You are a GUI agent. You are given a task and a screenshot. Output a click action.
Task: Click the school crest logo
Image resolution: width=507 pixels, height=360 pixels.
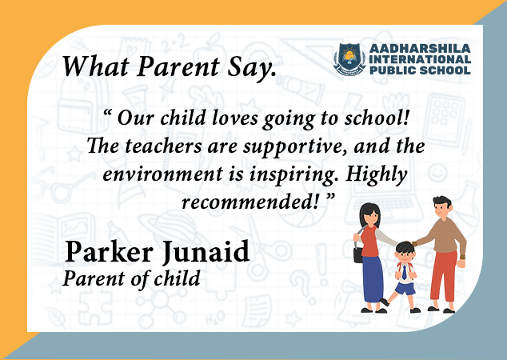point(349,59)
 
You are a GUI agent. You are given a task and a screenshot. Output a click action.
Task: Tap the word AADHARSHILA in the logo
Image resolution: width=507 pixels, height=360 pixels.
point(420,49)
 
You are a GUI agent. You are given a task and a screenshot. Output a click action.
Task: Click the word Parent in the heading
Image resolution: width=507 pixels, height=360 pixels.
point(178,66)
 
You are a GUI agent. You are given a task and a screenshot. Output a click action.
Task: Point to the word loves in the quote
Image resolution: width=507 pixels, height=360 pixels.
point(235,118)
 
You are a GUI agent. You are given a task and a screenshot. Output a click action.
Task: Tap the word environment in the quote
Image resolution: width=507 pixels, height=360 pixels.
point(162,174)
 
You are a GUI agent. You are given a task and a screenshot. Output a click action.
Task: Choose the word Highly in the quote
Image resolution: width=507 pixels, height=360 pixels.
point(376,174)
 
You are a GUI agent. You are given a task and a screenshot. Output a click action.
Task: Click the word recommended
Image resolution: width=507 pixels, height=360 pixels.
point(250,202)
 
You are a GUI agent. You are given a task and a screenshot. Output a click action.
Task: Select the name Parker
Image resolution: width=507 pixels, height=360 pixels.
point(109,252)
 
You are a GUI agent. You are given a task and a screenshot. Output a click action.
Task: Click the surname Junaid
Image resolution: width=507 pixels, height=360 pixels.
point(206,252)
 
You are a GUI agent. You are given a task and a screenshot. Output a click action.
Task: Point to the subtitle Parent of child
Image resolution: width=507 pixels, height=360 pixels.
point(132,278)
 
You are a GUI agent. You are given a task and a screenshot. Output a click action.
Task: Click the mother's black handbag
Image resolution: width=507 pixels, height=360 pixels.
point(358,254)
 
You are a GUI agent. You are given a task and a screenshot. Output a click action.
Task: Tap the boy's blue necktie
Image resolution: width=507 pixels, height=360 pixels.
point(404,272)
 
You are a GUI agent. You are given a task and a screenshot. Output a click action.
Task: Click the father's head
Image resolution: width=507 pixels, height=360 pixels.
point(442,207)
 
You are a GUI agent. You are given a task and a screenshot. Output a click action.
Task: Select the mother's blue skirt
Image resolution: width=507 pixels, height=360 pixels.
point(373,279)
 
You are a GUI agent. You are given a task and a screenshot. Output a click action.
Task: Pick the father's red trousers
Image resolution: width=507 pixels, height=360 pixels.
point(444,275)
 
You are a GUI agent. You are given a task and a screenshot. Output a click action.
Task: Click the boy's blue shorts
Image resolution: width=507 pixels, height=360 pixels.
point(405,289)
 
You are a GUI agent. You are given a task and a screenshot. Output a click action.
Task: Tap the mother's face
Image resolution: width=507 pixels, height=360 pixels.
point(372,217)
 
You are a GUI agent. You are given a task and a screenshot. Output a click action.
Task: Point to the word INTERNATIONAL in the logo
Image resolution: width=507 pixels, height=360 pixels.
point(420,59)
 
